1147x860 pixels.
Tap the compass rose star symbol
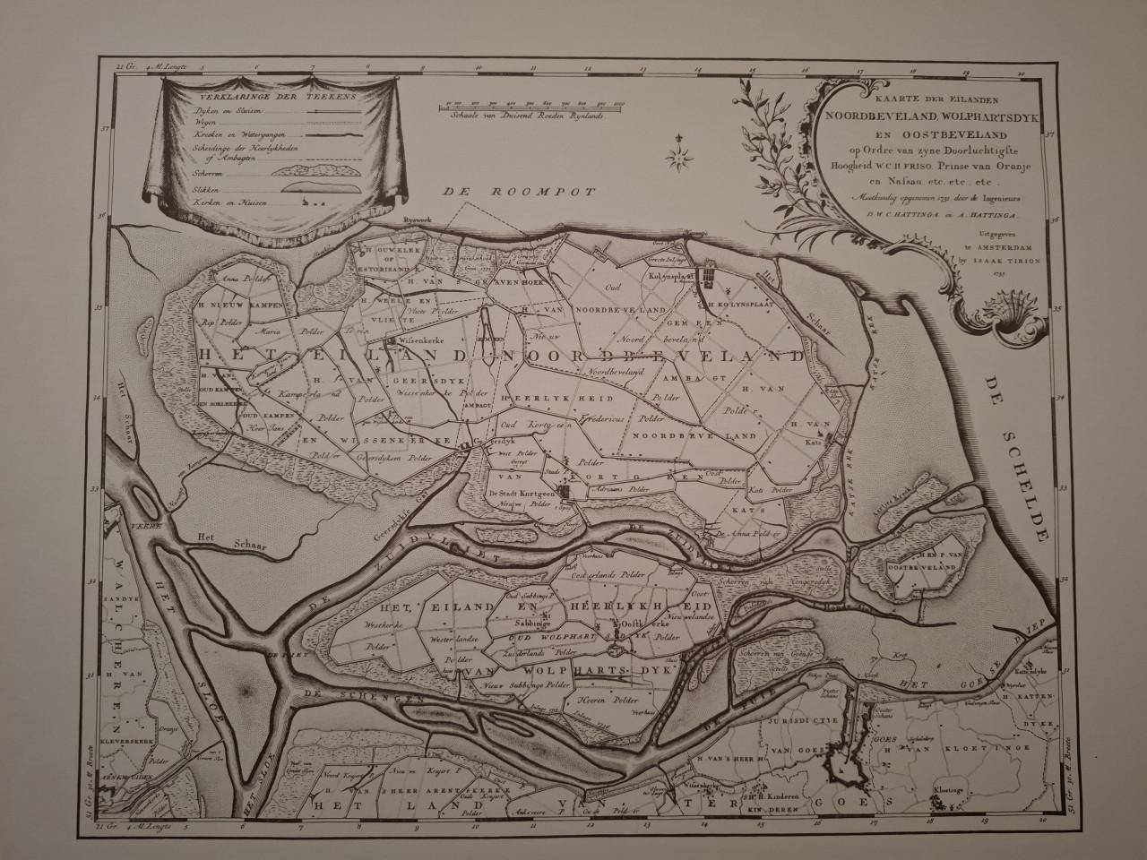click(x=680, y=157)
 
